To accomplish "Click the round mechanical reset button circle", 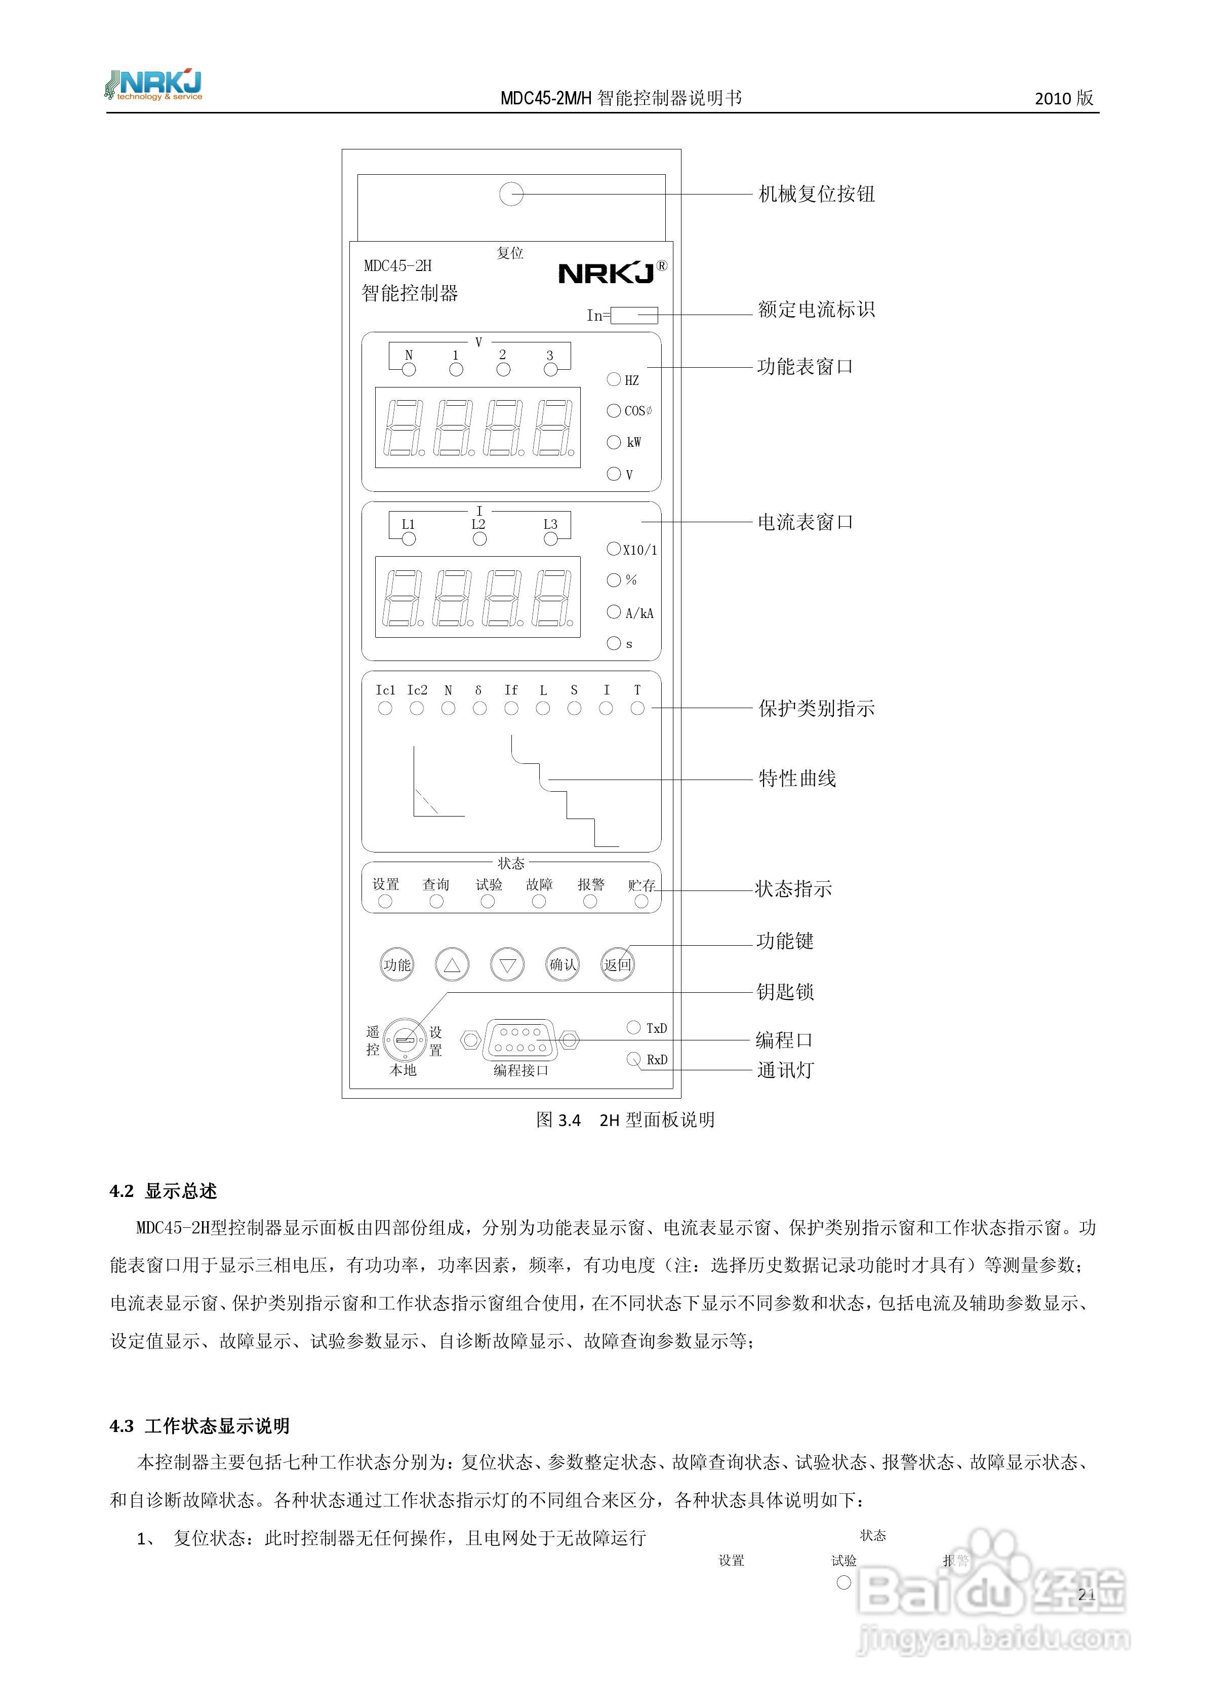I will [x=511, y=194].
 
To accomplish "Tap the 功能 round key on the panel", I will [x=397, y=964].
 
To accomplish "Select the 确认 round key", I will [x=563, y=964].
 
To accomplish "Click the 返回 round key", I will [x=617, y=964].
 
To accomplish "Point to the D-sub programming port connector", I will [x=519, y=1039].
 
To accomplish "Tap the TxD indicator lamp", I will [x=634, y=1028].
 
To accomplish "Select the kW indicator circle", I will [x=614, y=442].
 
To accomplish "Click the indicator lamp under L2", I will [x=479, y=539].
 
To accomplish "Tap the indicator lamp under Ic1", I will [x=385, y=709].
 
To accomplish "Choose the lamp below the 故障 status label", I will [x=539, y=901].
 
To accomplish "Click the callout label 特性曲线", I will [x=797, y=779].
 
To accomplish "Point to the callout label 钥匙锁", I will [x=785, y=992].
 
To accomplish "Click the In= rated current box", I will [x=634, y=315].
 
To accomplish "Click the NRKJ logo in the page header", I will [x=154, y=86].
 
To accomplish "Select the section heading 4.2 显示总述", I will [x=164, y=1191].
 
